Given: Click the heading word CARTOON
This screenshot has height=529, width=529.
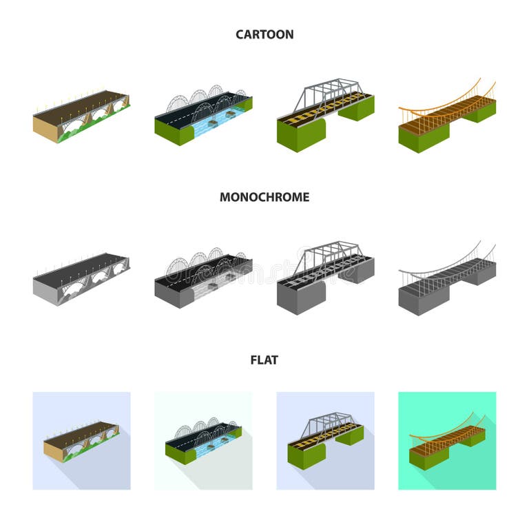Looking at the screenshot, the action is (x=264, y=34).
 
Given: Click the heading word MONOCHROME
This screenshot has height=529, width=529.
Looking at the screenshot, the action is (x=264, y=197).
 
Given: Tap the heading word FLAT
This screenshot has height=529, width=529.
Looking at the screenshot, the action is (x=264, y=360).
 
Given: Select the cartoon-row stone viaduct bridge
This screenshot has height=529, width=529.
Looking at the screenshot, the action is (x=81, y=116).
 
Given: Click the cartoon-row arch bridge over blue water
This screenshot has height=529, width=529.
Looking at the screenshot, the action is (x=203, y=115).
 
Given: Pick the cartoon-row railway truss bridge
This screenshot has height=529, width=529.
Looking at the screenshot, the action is (x=326, y=115).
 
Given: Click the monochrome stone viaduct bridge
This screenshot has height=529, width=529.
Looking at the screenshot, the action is (x=81, y=278).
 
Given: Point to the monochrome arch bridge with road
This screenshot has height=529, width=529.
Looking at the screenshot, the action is (x=203, y=278).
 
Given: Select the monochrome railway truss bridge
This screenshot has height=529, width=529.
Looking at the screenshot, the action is (x=326, y=278).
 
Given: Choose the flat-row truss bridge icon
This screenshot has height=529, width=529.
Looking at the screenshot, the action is (x=326, y=441).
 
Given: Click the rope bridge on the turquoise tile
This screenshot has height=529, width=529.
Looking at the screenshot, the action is (x=447, y=441).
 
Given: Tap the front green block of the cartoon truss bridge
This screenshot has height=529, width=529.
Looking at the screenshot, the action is (x=301, y=135).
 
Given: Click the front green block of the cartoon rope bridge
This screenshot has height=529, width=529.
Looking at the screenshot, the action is (x=424, y=138).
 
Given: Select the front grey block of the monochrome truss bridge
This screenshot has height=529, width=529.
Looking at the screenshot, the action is (x=301, y=298).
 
